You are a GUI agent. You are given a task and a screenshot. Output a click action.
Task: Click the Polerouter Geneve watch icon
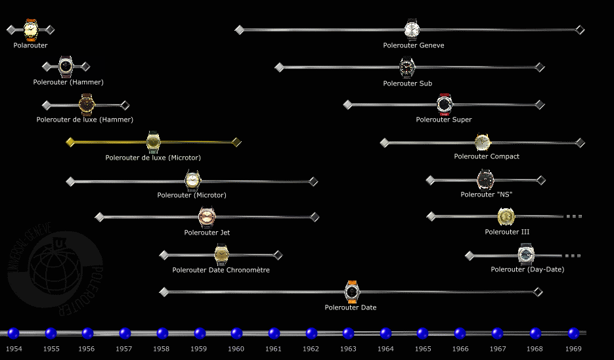412,30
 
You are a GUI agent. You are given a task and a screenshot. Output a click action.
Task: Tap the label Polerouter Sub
408,83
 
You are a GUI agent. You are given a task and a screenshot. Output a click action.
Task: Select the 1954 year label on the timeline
13,349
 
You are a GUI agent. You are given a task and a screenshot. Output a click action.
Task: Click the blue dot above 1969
573,333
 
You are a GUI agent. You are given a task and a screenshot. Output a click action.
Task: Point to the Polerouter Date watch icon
351,291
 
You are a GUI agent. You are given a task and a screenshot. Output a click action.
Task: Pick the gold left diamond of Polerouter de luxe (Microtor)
70,142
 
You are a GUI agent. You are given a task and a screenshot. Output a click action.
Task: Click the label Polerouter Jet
207,233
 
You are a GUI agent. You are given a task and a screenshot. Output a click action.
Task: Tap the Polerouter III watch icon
506,216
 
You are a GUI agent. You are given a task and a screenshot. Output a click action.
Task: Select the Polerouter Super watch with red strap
445,104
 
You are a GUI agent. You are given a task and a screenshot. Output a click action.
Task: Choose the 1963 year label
348,349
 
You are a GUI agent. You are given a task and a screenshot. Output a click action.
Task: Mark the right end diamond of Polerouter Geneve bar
580,30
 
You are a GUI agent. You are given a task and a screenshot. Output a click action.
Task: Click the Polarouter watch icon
31,30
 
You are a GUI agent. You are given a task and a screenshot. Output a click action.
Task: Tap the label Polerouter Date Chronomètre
221,270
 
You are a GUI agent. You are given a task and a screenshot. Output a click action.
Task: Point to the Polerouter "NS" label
486,194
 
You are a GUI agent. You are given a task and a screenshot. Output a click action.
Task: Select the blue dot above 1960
237,333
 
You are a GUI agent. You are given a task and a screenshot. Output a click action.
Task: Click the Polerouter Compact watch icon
483,143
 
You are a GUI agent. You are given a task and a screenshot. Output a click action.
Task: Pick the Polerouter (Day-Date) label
527,269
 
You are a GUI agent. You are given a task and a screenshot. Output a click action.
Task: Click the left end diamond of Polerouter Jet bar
100,217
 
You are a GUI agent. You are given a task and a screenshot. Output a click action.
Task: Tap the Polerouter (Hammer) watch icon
66,66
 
